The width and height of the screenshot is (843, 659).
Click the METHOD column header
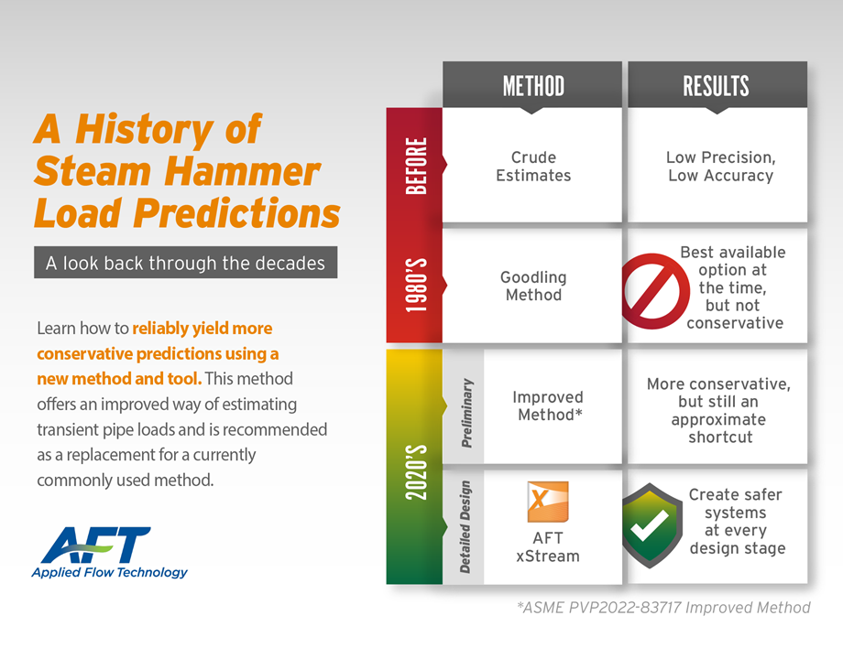click(533, 86)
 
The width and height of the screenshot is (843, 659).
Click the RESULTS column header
click(716, 86)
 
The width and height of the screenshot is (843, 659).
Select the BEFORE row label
click(416, 166)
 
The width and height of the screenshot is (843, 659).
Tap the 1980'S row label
click(416, 286)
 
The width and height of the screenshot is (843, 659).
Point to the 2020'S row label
click(416, 472)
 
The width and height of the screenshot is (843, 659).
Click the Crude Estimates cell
click(533, 167)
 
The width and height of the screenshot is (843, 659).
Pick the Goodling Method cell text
click(533, 286)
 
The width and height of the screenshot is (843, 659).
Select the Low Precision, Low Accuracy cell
click(720, 167)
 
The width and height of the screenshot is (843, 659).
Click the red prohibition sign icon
click(655, 291)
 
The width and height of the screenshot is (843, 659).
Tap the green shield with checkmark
click(650, 525)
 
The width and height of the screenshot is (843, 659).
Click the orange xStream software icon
click(548, 502)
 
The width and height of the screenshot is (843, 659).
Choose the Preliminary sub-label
click(467, 413)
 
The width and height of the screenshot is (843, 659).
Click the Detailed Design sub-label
click(465, 527)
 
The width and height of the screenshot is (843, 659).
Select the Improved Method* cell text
click(548, 405)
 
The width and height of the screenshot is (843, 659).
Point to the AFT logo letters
click(95, 545)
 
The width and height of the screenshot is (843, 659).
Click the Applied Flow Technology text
click(110, 573)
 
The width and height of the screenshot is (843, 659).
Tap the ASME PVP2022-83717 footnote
click(663, 608)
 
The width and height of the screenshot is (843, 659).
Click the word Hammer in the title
click(242, 171)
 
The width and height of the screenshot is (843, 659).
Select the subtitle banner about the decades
click(185, 263)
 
